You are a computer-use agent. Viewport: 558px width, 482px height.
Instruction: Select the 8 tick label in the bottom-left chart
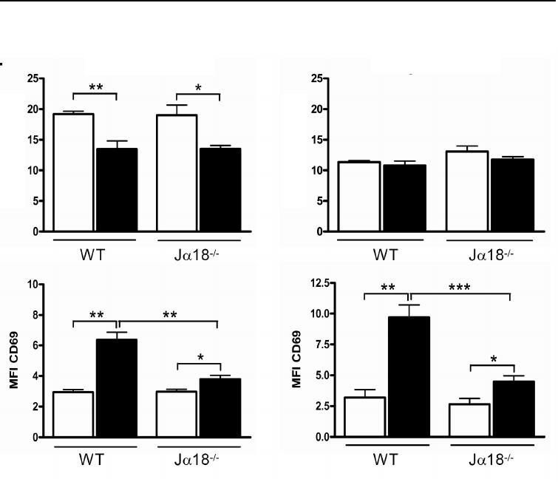coord(33,315)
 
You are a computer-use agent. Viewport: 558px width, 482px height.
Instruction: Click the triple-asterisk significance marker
coord(463,287)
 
